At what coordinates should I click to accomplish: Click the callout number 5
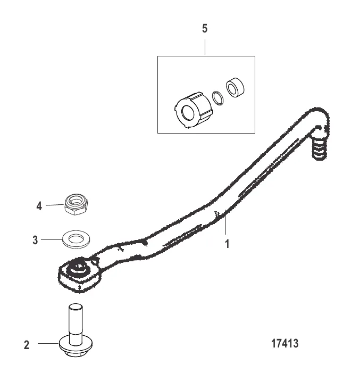click(205, 29)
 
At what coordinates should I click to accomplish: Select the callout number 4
click(39, 206)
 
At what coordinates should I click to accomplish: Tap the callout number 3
click(36, 240)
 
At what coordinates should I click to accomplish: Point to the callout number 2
click(27, 345)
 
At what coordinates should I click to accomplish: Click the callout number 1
click(227, 244)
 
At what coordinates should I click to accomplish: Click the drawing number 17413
click(284, 344)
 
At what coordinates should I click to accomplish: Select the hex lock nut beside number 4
click(77, 204)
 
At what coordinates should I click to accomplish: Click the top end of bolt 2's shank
click(76, 306)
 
